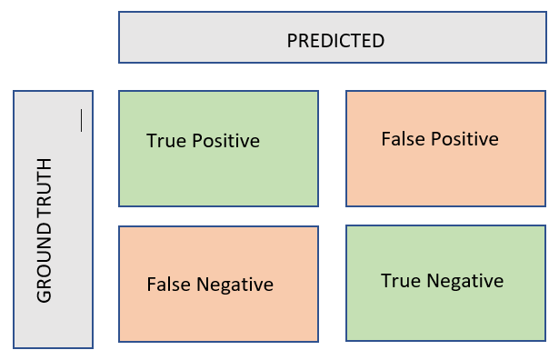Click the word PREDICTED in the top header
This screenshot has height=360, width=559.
335,41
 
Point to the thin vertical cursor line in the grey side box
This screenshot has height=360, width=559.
81,120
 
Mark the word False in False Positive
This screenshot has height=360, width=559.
402,139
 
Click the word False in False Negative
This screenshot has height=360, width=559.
167,285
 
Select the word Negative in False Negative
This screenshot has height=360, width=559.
233,285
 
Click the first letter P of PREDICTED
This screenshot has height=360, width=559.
292,41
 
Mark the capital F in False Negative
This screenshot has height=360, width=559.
151,285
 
